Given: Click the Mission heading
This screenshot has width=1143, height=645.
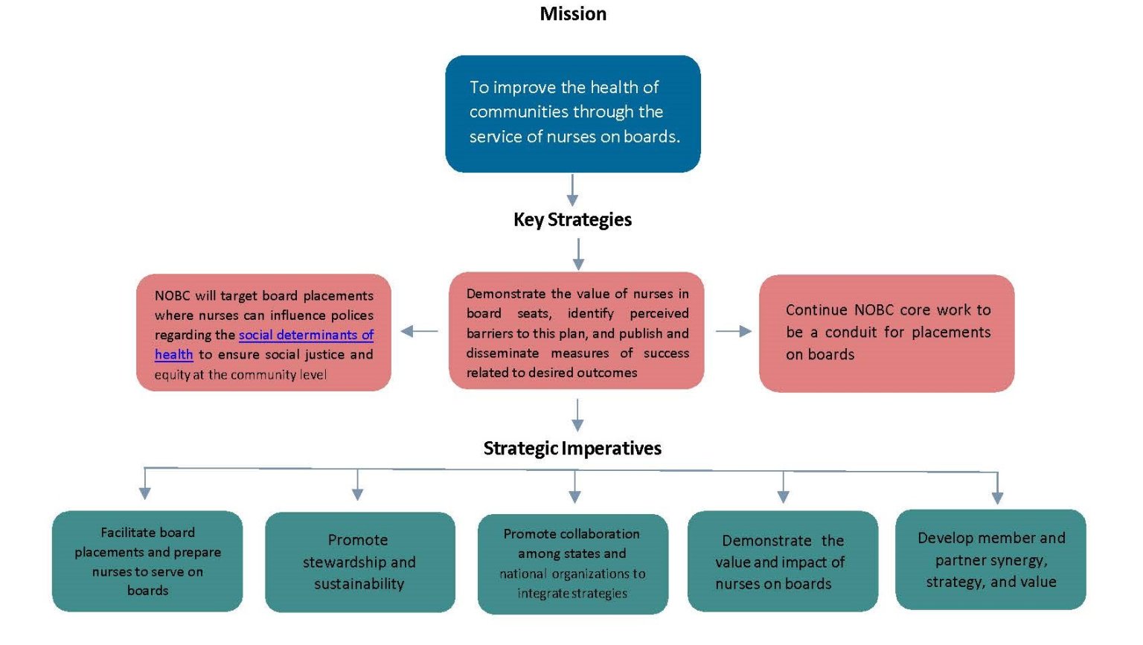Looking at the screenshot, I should click(x=573, y=14).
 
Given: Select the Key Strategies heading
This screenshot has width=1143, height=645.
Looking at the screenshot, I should click(x=572, y=219).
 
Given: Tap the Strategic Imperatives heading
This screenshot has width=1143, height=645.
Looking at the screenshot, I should click(x=572, y=448).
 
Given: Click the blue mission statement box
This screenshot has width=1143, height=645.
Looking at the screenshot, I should click(x=573, y=114).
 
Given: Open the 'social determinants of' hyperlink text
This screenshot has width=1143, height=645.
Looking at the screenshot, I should click(x=306, y=335).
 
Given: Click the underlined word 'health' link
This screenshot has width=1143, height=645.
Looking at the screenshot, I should click(x=173, y=355).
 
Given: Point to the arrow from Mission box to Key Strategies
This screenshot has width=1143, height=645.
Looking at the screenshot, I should click(x=572, y=190).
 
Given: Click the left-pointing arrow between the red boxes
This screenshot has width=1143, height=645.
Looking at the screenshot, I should click(x=420, y=331).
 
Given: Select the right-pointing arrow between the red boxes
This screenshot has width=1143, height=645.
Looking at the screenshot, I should click(x=734, y=331).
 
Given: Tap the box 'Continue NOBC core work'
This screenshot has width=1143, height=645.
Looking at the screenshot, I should click(x=886, y=333).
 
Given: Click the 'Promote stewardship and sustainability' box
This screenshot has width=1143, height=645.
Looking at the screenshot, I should click(x=359, y=562).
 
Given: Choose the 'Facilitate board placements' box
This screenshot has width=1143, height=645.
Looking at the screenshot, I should click(x=147, y=561).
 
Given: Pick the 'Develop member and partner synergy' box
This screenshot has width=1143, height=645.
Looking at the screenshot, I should click(x=990, y=559).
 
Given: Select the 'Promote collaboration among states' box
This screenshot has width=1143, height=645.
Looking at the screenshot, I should click(x=572, y=563).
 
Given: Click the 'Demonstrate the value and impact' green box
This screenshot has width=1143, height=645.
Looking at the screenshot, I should click(x=782, y=561).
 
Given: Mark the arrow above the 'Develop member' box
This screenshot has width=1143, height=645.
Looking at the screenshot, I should click(x=997, y=488).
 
